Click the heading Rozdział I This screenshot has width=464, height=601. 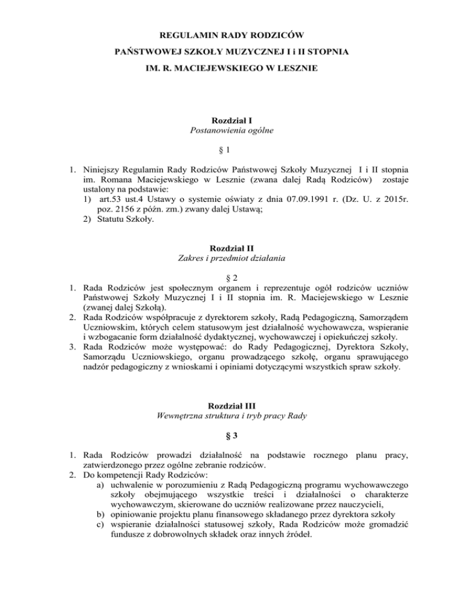(232, 122)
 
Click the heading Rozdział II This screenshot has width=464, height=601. (232, 264)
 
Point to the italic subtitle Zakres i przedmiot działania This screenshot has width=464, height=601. (232, 276)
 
